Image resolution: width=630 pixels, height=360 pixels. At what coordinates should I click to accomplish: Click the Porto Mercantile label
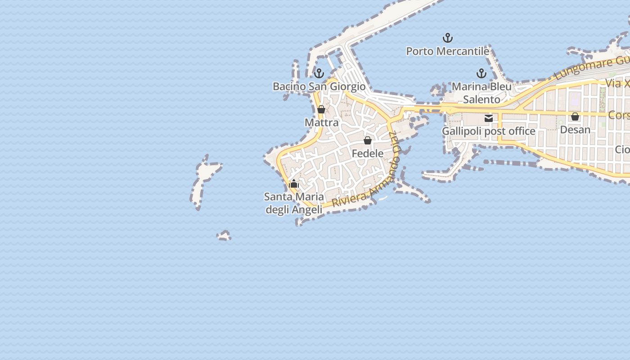(x=447, y=51)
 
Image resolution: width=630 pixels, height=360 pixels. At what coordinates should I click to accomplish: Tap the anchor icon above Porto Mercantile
(x=447, y=38)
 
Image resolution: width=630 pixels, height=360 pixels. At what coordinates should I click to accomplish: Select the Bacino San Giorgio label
(x=319, y=86)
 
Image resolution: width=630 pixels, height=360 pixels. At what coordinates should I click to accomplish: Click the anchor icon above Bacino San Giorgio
(x=319, y=73)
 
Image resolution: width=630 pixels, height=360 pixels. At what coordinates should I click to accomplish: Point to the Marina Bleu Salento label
(x=481, y=93)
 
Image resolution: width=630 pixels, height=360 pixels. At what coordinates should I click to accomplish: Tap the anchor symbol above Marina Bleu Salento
(x=481, y=73)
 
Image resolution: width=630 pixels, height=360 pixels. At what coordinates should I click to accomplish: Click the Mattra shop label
(x=321, y=122)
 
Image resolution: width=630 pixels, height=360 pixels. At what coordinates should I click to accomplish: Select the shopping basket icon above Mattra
(x=321, y=109)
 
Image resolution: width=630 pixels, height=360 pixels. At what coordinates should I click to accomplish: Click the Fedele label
(x=367, y=153)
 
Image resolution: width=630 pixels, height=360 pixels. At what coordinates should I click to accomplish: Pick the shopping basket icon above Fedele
(x=368, y=140)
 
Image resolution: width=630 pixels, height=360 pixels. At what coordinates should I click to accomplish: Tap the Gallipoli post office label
(x=488, y=131)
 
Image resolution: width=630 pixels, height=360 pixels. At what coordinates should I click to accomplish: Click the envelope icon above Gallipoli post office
(x=489, y=118)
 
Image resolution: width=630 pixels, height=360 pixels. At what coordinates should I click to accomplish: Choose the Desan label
(x=575, y=130)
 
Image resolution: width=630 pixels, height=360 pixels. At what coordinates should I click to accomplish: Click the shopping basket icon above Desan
(x=575, y=117)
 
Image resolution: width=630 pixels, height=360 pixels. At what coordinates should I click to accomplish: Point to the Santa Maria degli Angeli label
(x=294, y=203)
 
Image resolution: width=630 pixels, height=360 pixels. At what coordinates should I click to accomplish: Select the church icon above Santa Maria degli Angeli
(x=294, y=184)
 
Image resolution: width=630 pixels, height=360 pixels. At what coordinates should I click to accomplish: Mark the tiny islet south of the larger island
(x=224, y=236)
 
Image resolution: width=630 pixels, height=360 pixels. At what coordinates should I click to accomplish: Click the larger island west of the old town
(x=205, y=178)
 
